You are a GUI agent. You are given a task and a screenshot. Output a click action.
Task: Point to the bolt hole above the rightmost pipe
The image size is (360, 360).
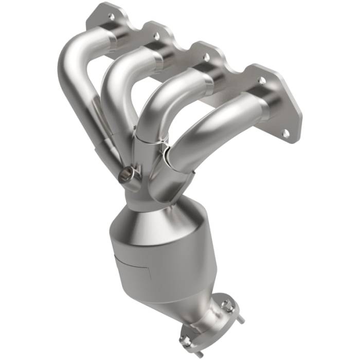[262, 81]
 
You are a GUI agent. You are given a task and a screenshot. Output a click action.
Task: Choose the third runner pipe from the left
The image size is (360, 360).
[170, 95]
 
